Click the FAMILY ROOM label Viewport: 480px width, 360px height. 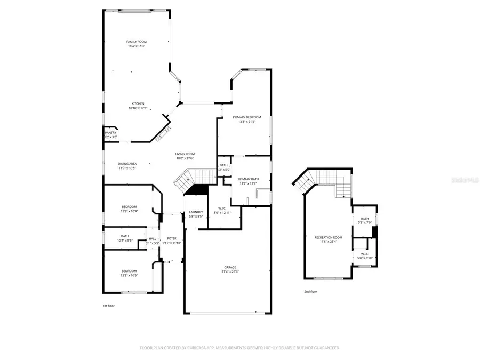point(137,42)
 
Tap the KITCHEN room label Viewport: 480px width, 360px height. point(138,104)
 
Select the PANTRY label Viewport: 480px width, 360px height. point(110,133)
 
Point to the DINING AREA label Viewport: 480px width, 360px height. point(127,164)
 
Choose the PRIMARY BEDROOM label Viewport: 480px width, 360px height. point(246,117)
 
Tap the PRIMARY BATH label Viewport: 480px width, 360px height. point(247,179)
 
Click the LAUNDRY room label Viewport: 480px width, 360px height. point(196,212)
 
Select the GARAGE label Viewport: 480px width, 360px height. point(230,267)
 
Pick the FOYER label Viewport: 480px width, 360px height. point(172,238)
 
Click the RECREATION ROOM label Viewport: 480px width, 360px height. point(329,237)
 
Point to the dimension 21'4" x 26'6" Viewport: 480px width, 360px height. point(230,272)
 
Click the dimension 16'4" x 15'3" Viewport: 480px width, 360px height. point(137,46)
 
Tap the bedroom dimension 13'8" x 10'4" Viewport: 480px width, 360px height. point(129,212)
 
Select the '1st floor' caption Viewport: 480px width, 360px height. point(108,306)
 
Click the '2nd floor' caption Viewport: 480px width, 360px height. point(310,292)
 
